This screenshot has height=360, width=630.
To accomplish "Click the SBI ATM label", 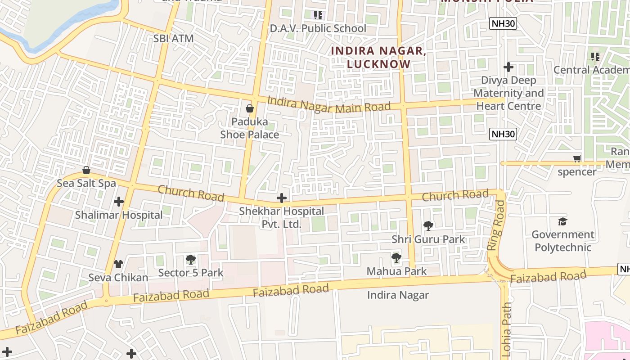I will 173,39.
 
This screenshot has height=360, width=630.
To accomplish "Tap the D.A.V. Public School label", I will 318,28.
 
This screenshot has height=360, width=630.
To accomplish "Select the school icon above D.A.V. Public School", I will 319,15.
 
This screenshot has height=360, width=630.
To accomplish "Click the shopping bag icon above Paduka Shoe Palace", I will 250,108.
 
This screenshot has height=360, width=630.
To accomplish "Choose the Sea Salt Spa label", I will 86,183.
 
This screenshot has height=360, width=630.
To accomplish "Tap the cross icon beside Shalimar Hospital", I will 119,202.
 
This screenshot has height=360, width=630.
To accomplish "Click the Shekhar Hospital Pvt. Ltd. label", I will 281,217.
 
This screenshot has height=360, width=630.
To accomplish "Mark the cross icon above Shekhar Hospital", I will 282,198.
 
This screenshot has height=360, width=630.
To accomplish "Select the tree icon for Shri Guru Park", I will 428,226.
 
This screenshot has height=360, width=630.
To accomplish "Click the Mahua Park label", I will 396,271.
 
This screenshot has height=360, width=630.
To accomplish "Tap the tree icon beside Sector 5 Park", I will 191,260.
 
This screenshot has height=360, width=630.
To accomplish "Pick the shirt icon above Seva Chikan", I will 118,264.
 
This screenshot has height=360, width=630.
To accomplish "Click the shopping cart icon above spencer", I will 577,158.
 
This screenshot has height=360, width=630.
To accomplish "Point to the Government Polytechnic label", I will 562,241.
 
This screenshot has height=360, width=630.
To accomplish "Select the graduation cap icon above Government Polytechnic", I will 562,221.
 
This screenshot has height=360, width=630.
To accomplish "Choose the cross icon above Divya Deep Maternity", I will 508,67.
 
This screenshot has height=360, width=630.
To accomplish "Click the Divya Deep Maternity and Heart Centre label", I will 508,93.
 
